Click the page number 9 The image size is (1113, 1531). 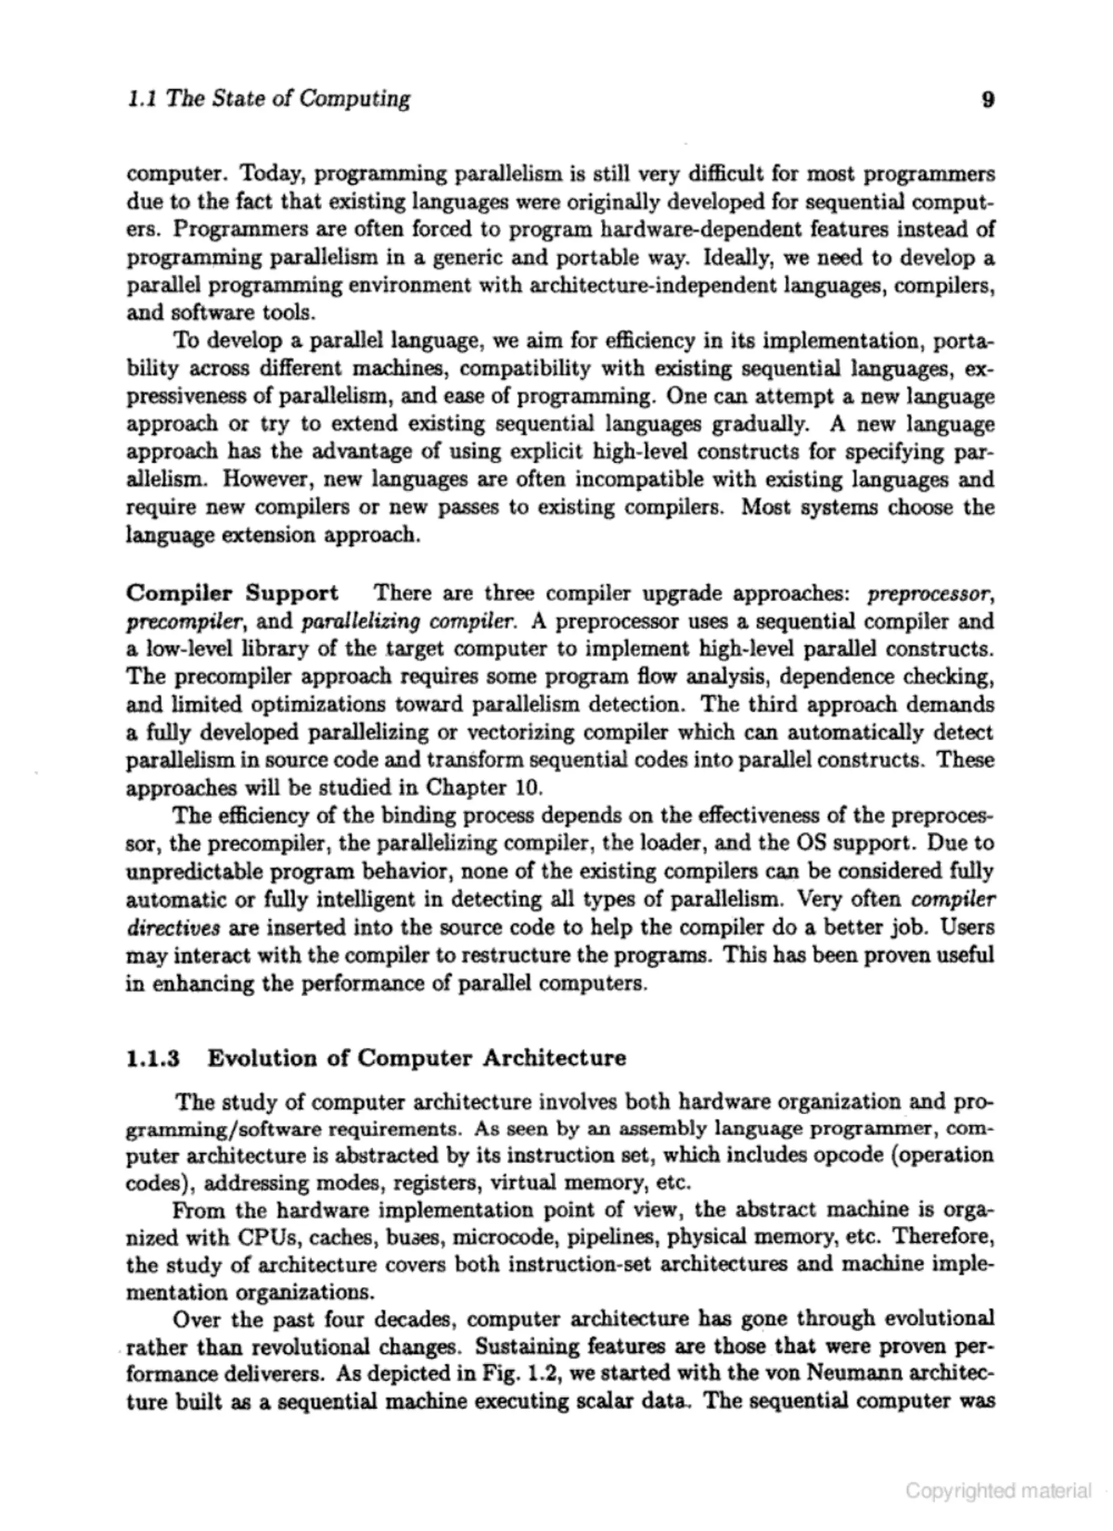click(987, 100)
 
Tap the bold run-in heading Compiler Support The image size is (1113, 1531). click(232, 593)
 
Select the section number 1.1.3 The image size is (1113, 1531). click(153, 1057)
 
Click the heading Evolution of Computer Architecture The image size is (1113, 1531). click(417, 1057)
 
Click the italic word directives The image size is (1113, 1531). click(173, 927)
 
